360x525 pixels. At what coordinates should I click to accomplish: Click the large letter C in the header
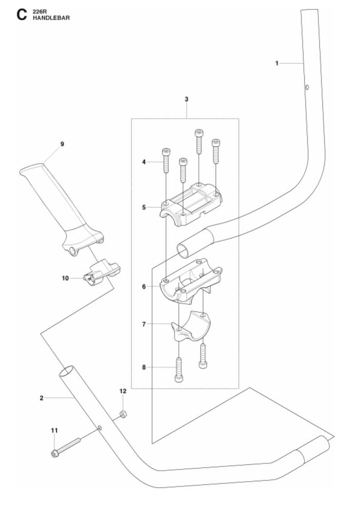(x=22, y=15)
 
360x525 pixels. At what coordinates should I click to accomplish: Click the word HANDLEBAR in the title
(x=51, y=18)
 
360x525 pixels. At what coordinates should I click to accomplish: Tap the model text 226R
(x=38, y=12)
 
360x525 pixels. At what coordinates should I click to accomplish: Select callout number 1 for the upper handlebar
(x=276, y=63)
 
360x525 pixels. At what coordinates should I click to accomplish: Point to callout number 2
(x=42, y=398)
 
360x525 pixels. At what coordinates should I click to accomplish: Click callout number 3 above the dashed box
(x=187, y=99)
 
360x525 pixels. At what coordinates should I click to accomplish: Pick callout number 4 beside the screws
(x=144, y=162)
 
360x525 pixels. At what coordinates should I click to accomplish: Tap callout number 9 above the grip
(x=62, y=144)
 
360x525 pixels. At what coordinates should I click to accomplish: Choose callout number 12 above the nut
(x=123, y=391)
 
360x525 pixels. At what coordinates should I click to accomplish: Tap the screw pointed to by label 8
(x=179, y=370)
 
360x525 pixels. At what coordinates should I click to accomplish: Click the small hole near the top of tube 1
(x=307, y=88)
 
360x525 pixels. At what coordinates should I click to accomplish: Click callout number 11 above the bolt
(x=54, y=431)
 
